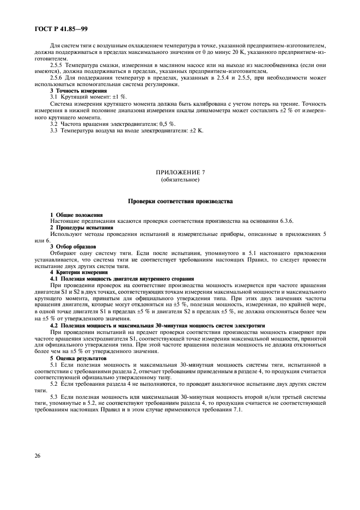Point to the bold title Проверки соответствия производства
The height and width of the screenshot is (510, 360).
(180, 201)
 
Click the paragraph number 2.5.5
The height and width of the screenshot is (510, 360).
(57, 65)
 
